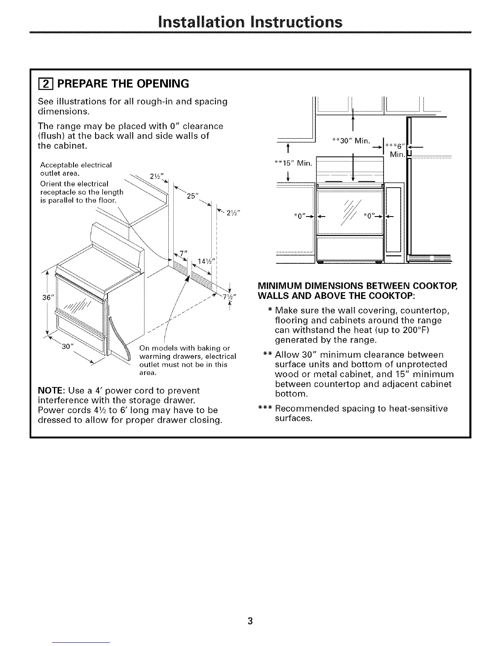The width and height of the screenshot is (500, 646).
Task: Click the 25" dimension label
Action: pyautogui.click(x=192, y=195)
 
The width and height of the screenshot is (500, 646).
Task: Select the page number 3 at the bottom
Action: pyautogui.click(x=250, y=621)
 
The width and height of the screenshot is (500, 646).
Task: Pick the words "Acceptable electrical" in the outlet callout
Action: pyautogui.click(x=76, y=165)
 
